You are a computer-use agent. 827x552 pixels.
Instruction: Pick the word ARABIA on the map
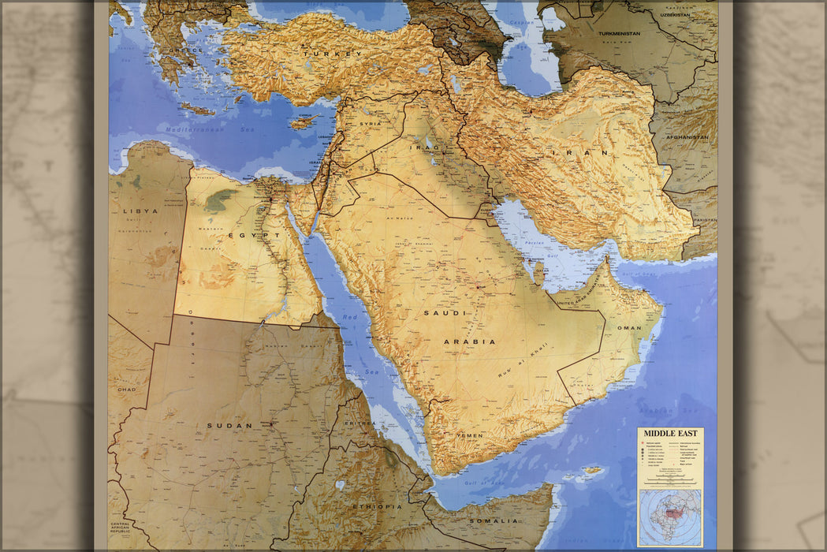click(x=470, y=341)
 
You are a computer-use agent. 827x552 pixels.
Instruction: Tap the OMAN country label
click(x=629, y=327)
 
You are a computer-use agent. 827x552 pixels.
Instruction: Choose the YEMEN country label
click(x=470, y=435)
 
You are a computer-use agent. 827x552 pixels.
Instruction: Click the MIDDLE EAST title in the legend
click(x=669, y=433)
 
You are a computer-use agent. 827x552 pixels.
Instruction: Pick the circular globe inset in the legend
click(x=669, y=517)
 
